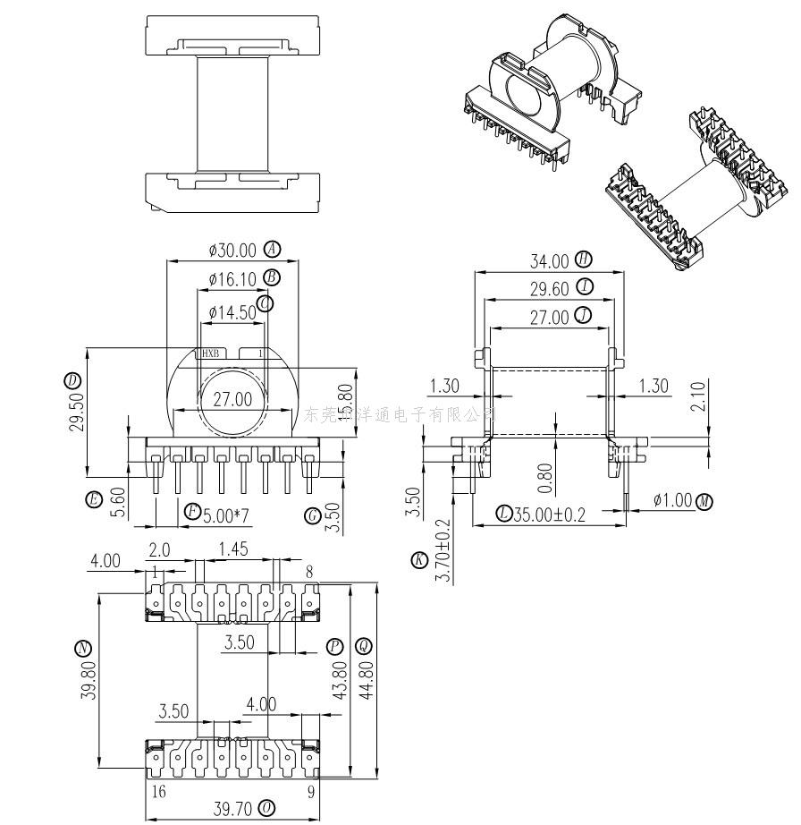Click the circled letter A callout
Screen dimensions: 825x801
coord(272,250)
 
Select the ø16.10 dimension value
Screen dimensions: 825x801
coord(232,279)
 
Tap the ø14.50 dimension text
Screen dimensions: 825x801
coord(232,312)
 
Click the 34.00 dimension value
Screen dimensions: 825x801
coord(549,261)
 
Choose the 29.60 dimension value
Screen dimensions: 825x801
coord(549,288)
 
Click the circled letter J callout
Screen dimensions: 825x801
coord(584,315)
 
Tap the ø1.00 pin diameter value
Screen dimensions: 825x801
coord(673,500)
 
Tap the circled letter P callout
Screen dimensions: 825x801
coord(334,646)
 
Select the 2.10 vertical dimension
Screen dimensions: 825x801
coord(698,395)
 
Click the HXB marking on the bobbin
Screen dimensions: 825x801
coord(211,353)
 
